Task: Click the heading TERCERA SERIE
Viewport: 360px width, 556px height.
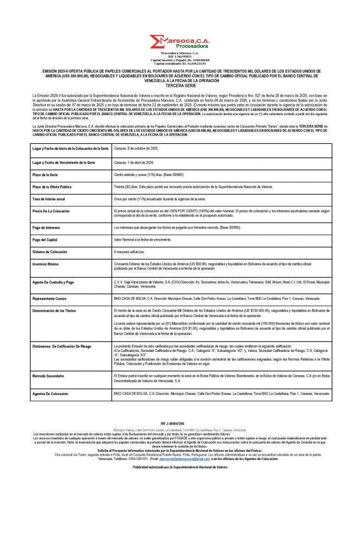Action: coord(180,86)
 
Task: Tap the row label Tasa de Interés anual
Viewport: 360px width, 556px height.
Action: coord(52,199)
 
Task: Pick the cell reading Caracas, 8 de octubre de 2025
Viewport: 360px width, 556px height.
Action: coord(136,149)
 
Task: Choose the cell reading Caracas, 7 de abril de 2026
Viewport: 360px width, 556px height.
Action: coord(134,162)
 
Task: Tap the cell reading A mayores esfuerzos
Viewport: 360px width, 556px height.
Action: coord(129,252)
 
